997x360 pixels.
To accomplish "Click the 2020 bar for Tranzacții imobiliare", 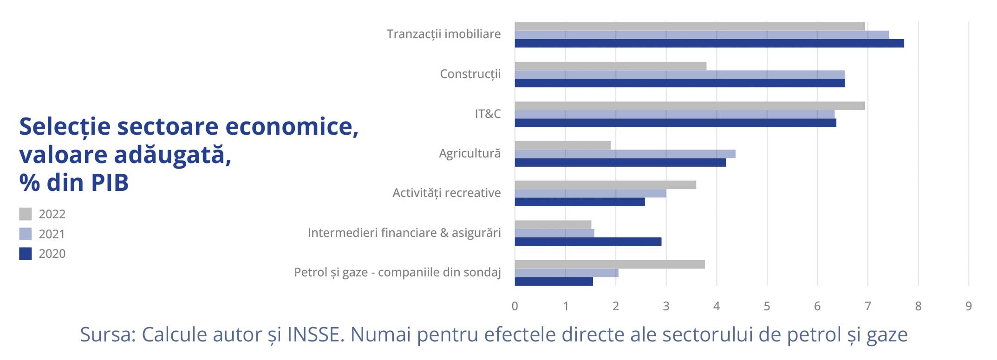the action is pos(709,43).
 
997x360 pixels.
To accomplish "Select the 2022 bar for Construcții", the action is pos(611,66).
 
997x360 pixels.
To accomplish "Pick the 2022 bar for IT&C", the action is pos(690,106).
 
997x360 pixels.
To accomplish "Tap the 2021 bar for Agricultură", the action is pos(625,154).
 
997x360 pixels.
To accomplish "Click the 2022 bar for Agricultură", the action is pos(563,145).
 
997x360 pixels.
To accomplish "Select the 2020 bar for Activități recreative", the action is pos(580,202).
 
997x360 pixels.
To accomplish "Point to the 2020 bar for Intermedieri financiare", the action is pos(588,242).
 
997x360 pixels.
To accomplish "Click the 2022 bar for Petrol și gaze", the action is pos(610,264).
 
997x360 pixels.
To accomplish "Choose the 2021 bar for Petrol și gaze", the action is pos(567,273).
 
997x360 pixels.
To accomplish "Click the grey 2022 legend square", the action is pos(26,214).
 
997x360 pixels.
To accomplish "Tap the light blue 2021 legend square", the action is pos(26,234).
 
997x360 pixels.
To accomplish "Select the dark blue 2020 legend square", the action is pos(26,254).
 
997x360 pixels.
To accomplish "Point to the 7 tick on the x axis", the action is pos(867,306).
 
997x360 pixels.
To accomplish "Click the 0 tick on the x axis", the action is pos(515,306).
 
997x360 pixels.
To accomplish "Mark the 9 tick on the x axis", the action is pos(969,306).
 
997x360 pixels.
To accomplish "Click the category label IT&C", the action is pos(488,114).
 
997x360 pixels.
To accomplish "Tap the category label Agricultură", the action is pos(470,153).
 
